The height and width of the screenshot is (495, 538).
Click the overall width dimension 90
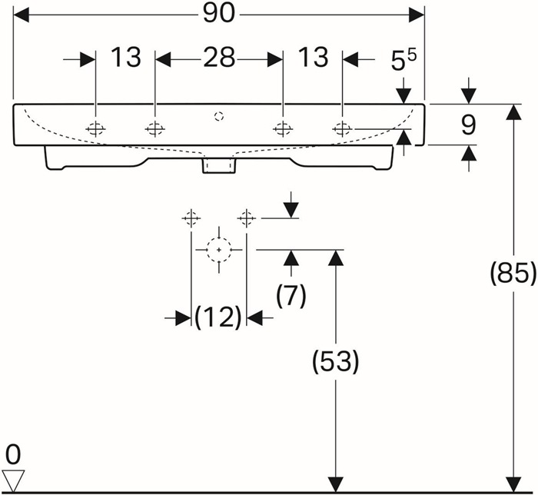pyautogui.click(x=218, y=14)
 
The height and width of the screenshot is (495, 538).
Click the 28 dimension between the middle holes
pyautogui.click(x=219, y=58)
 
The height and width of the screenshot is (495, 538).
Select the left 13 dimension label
pyautogui.click(x=126, y=57)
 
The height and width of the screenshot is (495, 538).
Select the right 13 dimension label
pyautogui.click(x=313, y=57)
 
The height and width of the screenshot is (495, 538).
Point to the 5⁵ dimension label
pyautogui.click(x=403, y=61)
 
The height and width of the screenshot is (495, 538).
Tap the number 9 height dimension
pyautogui.click(x=468, y=125)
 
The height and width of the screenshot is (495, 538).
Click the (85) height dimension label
pyautogui.click(x=513, y=274)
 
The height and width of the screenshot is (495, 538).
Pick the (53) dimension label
pyautogui.click(x=336, y=361)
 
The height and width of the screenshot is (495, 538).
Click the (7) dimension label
pyautogui.click(x=291, y=296)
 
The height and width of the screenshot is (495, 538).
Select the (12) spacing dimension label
pyautogui.click(x=218, y=317)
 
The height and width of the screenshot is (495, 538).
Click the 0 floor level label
pyautogui.click(x=13, y=455)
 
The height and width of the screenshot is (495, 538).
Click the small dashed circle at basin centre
pyautogui.click(x=219, y=116)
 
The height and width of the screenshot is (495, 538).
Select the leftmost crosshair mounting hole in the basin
pyautogui.click(x=95, y=129)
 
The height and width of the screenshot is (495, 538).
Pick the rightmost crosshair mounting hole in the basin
pyautogui.click(x=342, y=129)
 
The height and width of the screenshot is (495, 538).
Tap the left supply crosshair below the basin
pyautogui.click(x=191, y=218)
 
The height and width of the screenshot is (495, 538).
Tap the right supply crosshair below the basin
pyautogui.click(x=247, y=218)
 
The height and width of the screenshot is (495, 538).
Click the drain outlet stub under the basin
pyautogui.click(x=219, y=164)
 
